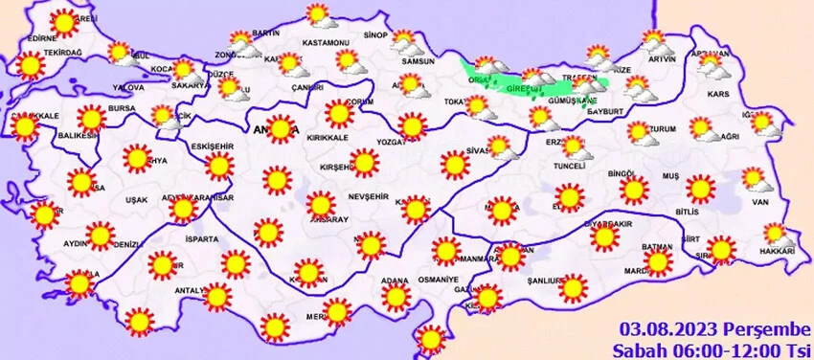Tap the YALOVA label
[x=127, y=87]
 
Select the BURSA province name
[x=122, y=110]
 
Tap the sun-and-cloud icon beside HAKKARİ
[x=775, y=232]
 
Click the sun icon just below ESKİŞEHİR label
[x=219, y=167]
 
